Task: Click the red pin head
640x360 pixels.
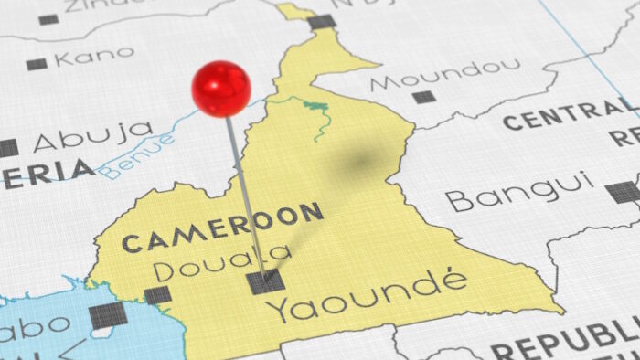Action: point(221,88)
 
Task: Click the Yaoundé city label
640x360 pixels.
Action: point(366,296)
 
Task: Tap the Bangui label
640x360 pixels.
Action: point(517,194)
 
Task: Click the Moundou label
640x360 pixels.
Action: point(445,75)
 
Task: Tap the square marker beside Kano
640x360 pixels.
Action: point(37,64)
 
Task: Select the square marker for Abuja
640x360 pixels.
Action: point(7,148)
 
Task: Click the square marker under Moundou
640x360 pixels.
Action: point(423,97)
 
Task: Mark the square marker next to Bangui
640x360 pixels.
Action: point(623,192)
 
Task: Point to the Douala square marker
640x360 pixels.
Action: point(158,295)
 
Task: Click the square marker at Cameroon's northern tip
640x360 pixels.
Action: point(321,21)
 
